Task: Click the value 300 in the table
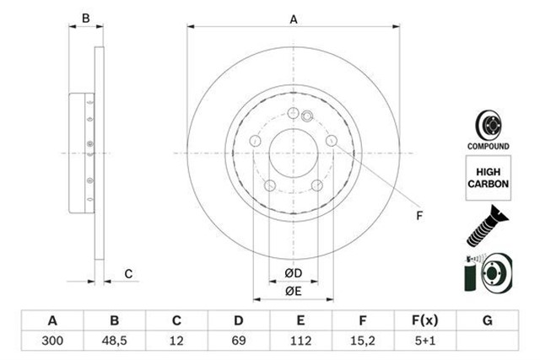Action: pyautogui.click(x=52, y=341)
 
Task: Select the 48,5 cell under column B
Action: pyautogui.click(x=115, y=341)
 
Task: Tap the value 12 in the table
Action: pyautogui.click(x=176, y=341)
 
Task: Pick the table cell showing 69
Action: pyautogui.click(x=238, y=341)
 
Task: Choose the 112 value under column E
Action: pyautogui.click(x=300, y=341)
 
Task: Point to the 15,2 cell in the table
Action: pyautogui.click(x=363, y=341)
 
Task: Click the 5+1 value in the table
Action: pyautogui.click(x=425, y=341)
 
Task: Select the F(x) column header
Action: pyautogui.click(x=425, y=320)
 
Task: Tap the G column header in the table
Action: pyautogui.click(x=488, y=320)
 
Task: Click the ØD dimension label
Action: pyautogui.click(x=294, y=273)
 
